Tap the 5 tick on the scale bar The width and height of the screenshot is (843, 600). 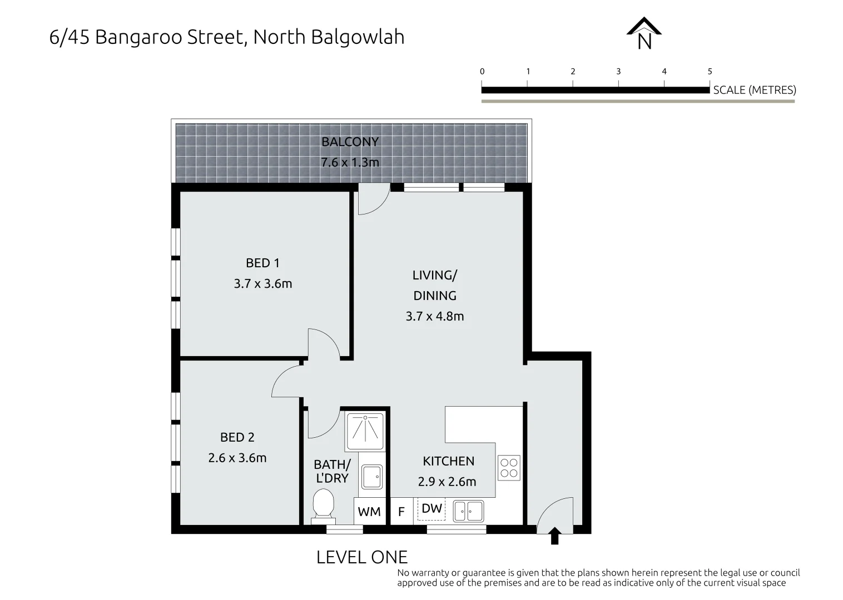tap(710, 72)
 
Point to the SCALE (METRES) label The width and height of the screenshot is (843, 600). tap(754, 90)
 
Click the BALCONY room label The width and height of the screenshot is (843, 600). tap(350, 142)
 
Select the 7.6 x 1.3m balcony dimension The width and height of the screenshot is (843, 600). tap(350, 162)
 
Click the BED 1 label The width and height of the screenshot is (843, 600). tap(262, 263)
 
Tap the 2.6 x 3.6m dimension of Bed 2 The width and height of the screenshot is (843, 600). tap(237, 458)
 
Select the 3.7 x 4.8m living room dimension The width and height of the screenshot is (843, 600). tap(434, 316)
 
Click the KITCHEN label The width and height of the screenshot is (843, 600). tap(448, 461)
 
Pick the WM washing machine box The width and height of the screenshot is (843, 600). tap(369, 512)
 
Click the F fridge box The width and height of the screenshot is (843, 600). tap(401, 512)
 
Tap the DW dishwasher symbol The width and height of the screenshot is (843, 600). tap(432, 509)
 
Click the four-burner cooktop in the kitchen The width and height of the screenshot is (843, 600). tap(509, 467)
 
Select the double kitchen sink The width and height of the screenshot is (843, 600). tap(468, 511)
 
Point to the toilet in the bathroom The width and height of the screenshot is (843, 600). tap(323, 504)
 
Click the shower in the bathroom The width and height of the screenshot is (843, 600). tap(364, 431)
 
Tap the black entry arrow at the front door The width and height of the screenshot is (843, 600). tap(554, 537)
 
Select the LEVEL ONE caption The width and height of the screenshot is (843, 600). tap(361, 557)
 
